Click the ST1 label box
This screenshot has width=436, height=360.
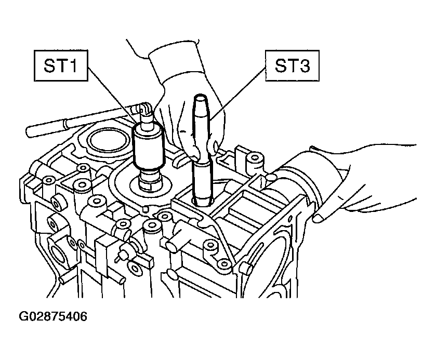coord(61,65)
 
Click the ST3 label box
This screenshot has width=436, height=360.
coord(292,65)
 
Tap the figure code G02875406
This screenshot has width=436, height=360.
coord(53,316)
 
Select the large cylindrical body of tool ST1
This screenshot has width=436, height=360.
coord(149,148)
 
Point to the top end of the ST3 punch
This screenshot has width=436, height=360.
coord(201,97)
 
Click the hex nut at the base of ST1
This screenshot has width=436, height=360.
coord(150,184)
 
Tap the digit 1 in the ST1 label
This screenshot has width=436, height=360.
coord(73,66)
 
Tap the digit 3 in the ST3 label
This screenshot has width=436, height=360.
coord(304,66)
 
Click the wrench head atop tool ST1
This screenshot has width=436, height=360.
coord(144,109)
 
